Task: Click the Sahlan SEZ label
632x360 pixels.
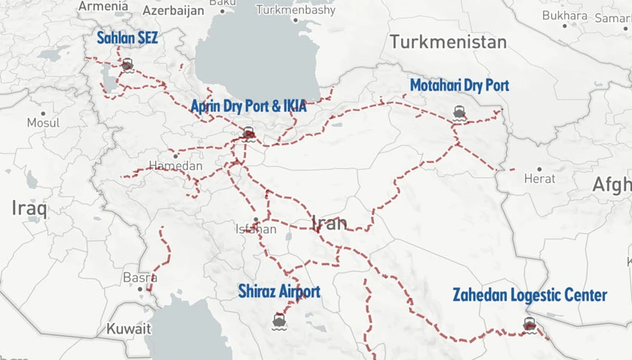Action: coord(127,38)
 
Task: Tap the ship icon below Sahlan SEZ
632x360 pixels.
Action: coord(127,65)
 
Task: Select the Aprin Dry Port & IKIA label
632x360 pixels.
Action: coord(248,106)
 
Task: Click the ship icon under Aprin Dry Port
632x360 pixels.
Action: coord(248,134)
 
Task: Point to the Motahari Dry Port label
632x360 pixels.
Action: coord(459,85)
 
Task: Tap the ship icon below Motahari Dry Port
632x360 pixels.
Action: coord(459,114)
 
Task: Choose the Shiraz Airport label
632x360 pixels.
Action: coord(279,291)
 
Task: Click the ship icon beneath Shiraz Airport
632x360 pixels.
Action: coord(279,321)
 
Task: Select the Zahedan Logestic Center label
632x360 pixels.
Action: coord(529,295)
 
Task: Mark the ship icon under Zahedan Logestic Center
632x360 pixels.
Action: coord(529,325)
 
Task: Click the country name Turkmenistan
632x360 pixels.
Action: coord(448,42)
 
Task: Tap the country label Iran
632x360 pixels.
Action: coord(330,223)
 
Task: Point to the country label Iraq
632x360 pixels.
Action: coord(29,208)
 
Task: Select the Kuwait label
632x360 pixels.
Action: coord(128,329)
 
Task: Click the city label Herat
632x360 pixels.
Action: coord(539,179)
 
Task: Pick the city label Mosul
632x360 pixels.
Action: coord(42,122)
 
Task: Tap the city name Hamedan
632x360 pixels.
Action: coord(176,165)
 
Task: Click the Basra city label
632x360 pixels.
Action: coord(140,278)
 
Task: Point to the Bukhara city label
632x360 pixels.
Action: coord(564,15)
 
